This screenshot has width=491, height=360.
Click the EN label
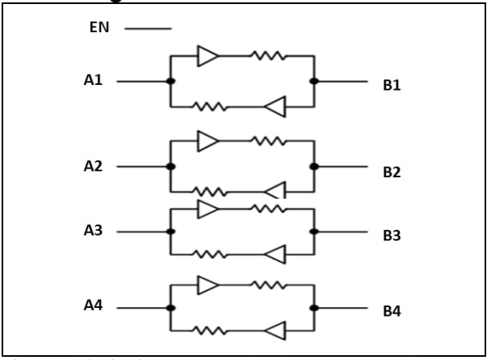pyautogui.click(x=99, y=28)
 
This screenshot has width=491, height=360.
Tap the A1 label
pyautogui.click(x=93, y=79)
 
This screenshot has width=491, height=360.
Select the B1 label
pyautogui.click(x=392, y=86)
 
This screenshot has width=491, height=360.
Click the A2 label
pyautogui.click(x=93, y=166)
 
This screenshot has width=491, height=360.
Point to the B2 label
pyautogui.click(x=392, y=172)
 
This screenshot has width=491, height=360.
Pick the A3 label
pyautogui.click(x=93, y=230)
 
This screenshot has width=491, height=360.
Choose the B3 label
pyautogui.click(x=392, y=236)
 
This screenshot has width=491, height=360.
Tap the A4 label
pyautogui.click(x=93, y=305)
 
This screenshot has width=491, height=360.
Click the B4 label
pyautogui.click(x=392, y=311)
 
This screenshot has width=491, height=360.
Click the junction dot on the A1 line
pyautogui.click(x=170, y=81)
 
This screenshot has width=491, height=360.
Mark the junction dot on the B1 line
pyautogui.click(x=314, y=81)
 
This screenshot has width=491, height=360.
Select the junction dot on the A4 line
pyautogui.click(x=170, y=307)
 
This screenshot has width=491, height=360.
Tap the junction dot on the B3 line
pyautogui.click(x=314, y=232)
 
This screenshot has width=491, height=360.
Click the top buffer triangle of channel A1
pyautogui.click(x=208, y=55)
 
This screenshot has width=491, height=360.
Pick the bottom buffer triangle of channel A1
pyautogui.click(x=275, y=106)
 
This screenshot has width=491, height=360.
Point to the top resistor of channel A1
pyautogui.click(x=268, y=55)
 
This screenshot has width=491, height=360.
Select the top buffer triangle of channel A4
pyautogui.click(x=208, y=285)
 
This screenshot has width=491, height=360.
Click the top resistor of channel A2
pyautogui.click(x=268, y=141)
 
